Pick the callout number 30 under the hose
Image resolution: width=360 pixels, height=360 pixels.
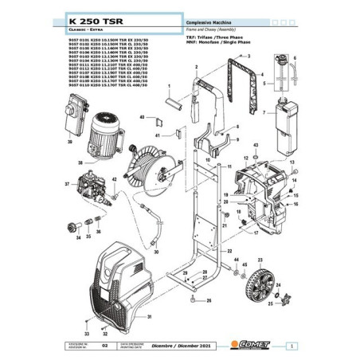coord(155,252)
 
